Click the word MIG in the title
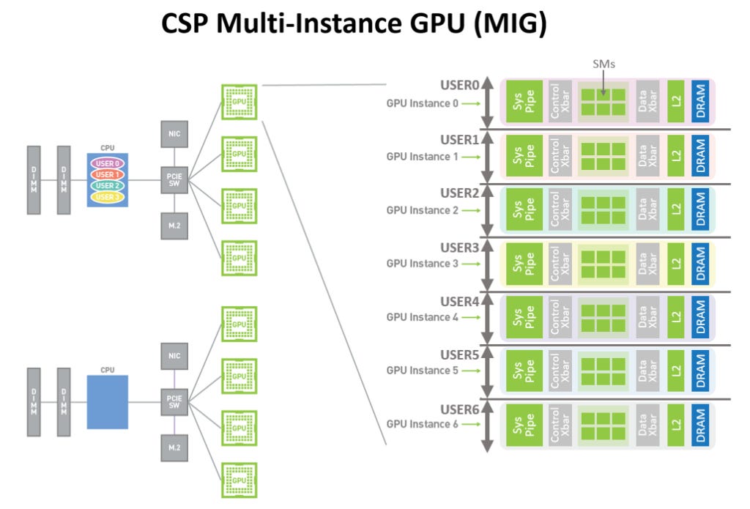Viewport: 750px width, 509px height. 510,23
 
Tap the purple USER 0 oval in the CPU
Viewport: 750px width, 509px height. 108,163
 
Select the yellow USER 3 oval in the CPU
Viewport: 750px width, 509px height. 108,196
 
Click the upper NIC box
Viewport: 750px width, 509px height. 174,134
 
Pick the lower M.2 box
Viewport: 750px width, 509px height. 174,447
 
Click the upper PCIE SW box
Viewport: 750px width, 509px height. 174,180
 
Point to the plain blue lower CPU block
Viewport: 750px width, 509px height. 108,402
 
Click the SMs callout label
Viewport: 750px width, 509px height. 604,64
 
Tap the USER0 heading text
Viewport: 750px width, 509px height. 460,85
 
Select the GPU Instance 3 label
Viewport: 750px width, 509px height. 422,264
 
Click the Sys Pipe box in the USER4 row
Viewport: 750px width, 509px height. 524,317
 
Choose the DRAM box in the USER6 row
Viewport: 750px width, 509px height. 700,424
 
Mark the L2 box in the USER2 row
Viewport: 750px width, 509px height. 675,209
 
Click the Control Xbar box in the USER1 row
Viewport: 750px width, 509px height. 560,155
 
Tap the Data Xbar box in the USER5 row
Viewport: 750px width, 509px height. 647,371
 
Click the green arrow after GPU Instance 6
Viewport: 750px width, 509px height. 471,424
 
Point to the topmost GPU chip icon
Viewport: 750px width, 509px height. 240,102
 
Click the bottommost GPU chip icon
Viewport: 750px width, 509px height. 240,480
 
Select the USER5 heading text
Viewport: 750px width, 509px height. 460,355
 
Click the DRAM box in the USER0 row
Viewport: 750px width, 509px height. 700,101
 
